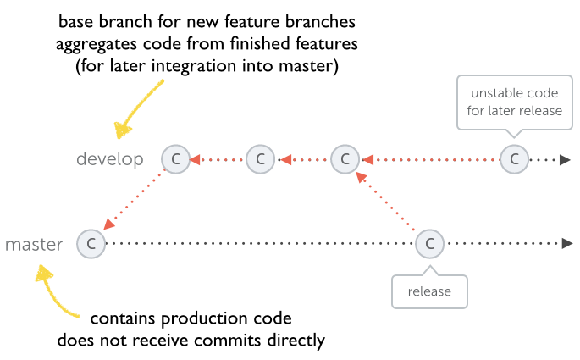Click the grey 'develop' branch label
110,159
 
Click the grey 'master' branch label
34,245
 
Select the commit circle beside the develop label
175,158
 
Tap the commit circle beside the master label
90,244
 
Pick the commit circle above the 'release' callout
429,244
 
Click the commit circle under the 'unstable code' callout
513,158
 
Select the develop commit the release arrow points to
345,158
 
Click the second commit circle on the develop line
260,158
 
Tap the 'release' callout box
429,291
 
